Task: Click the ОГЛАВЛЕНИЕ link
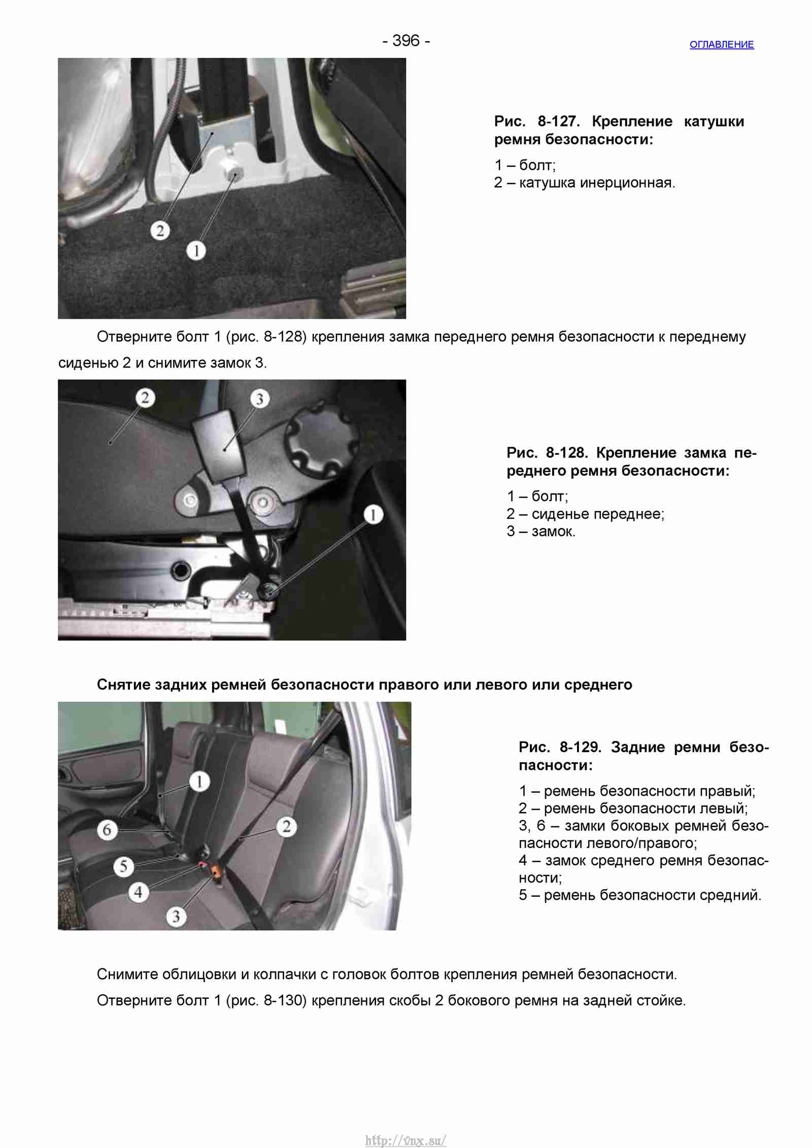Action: pos(721,45)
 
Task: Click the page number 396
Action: pos(406,41)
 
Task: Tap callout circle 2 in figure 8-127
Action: pos(160,231)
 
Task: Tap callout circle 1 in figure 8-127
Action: pos(196,250)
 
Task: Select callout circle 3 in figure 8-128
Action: pos(259,399)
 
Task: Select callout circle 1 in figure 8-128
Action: pos(373,515)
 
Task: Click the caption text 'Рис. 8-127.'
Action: pos(537,122)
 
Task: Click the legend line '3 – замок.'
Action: pos(541,531)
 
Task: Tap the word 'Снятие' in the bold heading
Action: pos(123,685)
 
